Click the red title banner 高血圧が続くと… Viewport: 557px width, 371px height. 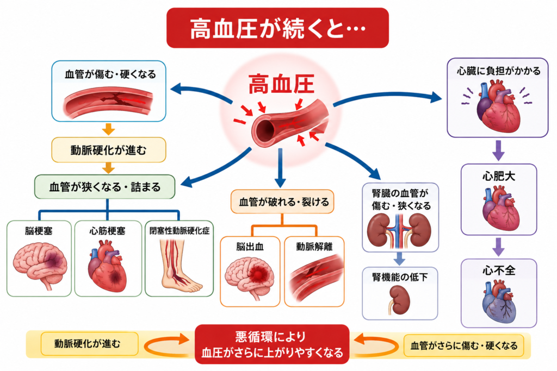pyautogui.click(x=277, y=28)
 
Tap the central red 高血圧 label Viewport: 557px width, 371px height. pyautogui.click(x=281, y=84)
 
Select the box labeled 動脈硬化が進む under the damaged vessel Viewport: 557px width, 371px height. pyautogui.click(x=109, y=150)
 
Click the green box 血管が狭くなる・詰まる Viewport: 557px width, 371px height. pyautogui.click(x=105, y=186)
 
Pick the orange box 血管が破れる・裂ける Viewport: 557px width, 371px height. pyautogui.click(x=282, y=202)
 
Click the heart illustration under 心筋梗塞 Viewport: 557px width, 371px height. pyautogui.click(x=107, y=266)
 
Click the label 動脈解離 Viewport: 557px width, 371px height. pyautogui.click(x=314, y=247)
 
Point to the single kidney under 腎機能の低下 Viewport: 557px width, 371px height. pyautogui.click(x=399, y=300)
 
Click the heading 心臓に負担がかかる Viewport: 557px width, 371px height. pyautogui.click(x=498, y=71)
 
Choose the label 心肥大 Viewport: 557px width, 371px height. pyautogui.click(x=499, y=176)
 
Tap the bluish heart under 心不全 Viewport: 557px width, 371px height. pyautogui.click(x=499, y=301)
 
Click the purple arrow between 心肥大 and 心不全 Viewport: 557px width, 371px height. pyautogui.click(x=499, y=247)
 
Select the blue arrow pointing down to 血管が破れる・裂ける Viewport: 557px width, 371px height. pyautogui.click(x=280, y=168)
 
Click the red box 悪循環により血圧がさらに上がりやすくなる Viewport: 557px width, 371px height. pyautogui.click(x=272, y=344)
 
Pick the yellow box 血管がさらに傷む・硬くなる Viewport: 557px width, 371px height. pyautogui.click(x=464, y=345)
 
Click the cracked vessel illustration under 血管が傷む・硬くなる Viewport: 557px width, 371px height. pyautogui.click(x=108, y=103)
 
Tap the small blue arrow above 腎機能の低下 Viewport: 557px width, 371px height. pyautogui.click(x=399, y=259)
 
